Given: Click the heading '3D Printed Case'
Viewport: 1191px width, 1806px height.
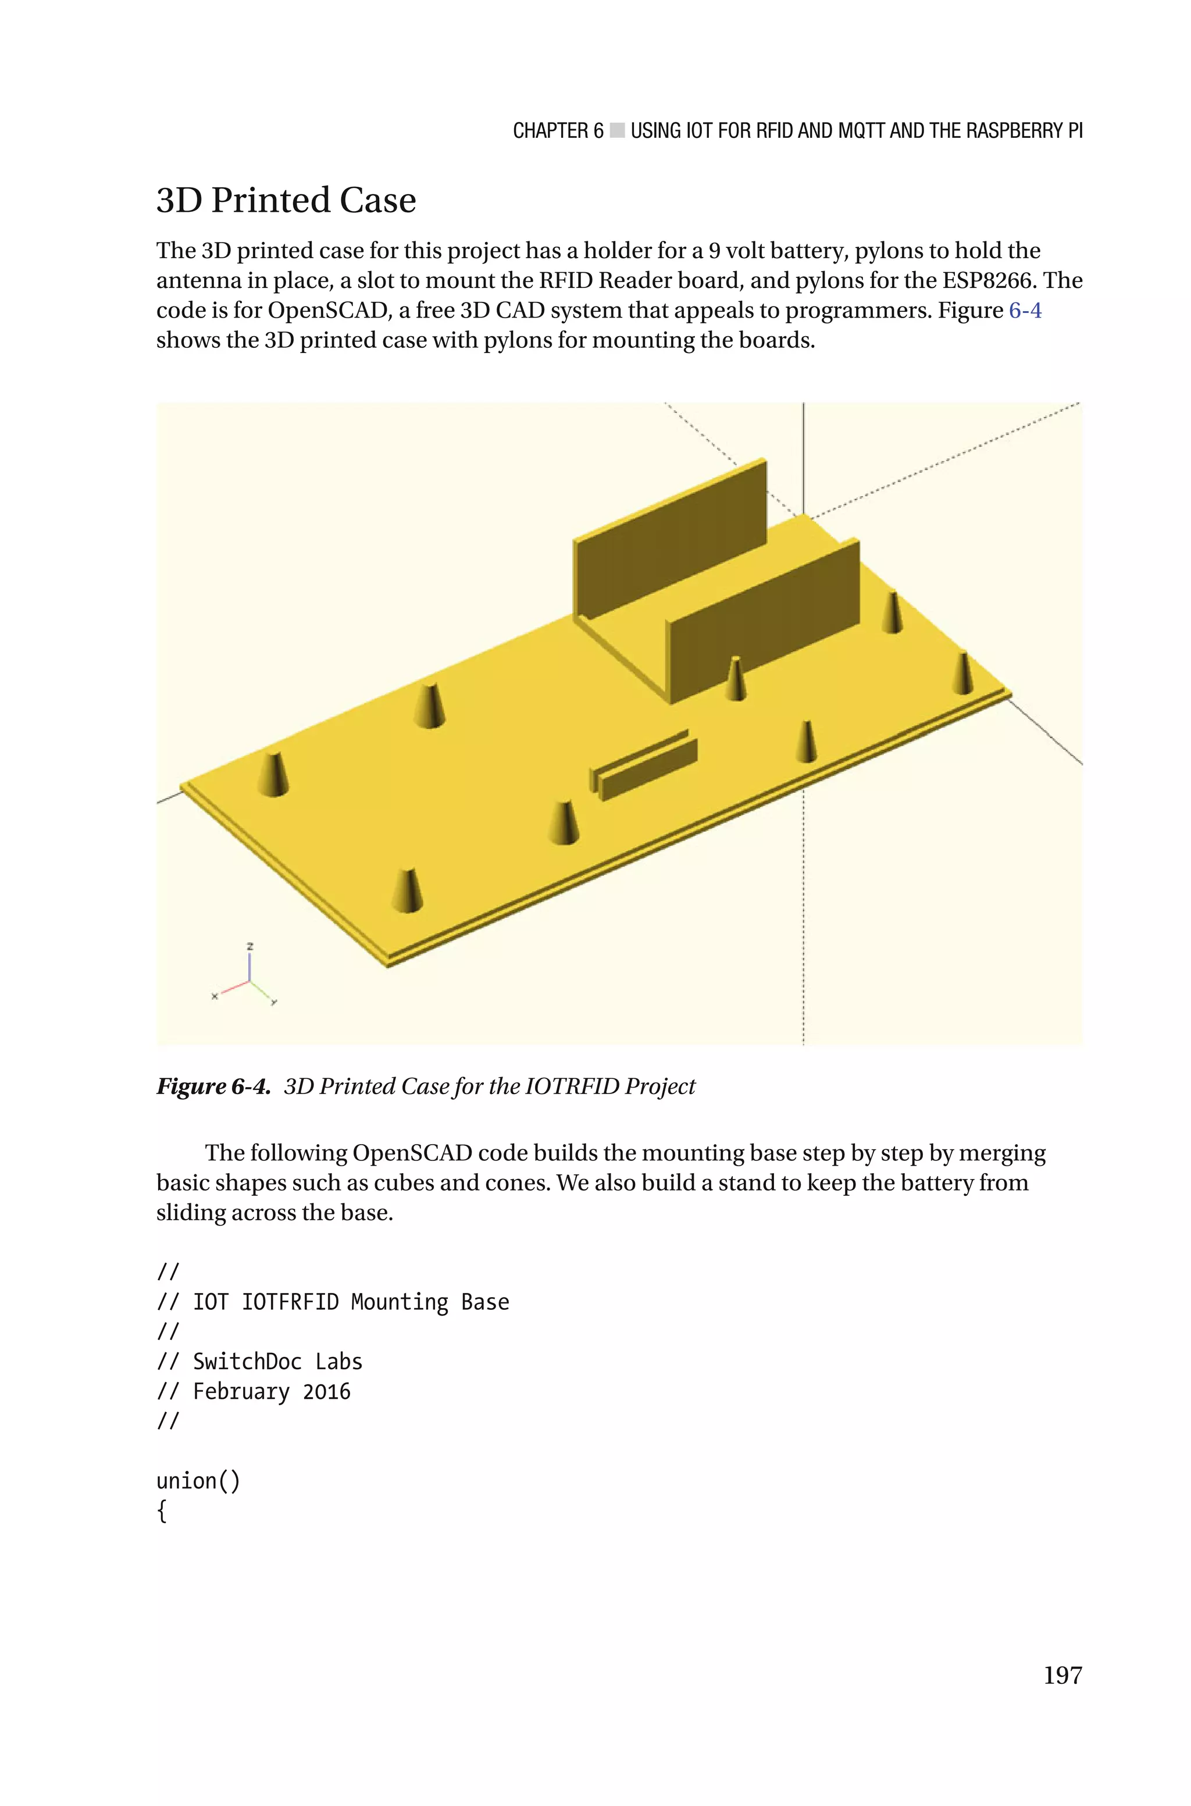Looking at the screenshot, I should tap(286, 201).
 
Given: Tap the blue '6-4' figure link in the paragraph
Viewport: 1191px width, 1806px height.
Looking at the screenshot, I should tap(1025, 311).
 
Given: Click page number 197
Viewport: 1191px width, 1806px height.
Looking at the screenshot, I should tap(1062, 1675).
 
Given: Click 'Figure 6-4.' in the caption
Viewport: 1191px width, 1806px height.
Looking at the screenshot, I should tap(213, 1086).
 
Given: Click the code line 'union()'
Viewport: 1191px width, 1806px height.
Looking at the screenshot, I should tap(198, 1480).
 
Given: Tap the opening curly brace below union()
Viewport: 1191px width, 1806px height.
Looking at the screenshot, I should tap(161, 1511).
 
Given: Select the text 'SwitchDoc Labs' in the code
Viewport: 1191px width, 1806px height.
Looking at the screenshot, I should tap(277, 1361).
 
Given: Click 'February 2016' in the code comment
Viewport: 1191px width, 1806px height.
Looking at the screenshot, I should tap(271, 1391).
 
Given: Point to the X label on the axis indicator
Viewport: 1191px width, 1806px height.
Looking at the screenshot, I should tap(214, 996).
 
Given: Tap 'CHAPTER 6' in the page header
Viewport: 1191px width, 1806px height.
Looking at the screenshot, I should tap(558, 131).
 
